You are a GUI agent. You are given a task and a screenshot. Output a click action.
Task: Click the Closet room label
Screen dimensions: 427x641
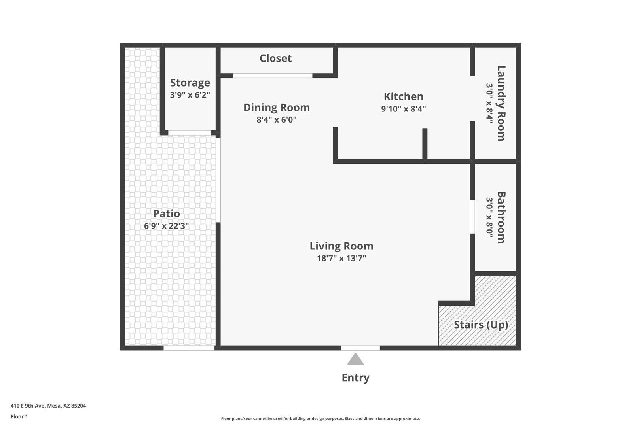tap(275, 58)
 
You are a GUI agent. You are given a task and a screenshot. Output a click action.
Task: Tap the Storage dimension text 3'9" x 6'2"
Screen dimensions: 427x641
tap(190, 95)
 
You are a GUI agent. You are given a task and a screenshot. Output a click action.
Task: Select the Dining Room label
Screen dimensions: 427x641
tap(276, 107)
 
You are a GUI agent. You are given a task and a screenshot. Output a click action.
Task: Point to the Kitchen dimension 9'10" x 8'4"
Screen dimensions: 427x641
tap(403, 109)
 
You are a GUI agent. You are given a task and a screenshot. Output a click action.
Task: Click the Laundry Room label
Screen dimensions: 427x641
tap(501, 103)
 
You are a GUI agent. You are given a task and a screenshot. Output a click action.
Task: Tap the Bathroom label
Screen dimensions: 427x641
tap(501, 217)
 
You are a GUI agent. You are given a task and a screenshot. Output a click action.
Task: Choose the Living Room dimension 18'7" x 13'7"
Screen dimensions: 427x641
tap(341, 259)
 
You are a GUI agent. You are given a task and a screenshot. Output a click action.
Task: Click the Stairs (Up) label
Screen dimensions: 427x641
tap(480, 325)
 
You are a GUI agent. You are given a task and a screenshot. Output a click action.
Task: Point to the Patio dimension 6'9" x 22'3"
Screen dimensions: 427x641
tap(166, 226)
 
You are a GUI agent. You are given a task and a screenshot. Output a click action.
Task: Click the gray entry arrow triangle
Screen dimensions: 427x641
tap(355, 359)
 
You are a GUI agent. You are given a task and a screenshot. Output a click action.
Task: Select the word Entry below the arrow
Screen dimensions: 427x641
tap(355, 378)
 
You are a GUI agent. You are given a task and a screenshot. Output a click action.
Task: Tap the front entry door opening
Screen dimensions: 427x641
tap(360, 348)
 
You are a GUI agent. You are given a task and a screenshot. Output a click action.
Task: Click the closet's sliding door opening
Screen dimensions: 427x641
tap(272, 76)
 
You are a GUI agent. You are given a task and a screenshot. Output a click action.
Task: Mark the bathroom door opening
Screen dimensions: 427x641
tap(472, 217)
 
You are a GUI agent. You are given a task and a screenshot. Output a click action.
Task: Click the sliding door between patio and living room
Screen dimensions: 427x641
tap(218, 180)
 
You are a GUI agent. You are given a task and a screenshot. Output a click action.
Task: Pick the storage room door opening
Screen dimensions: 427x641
tap(189, 133)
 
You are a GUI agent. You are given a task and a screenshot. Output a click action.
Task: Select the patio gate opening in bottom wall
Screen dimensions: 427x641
tap(189, 348)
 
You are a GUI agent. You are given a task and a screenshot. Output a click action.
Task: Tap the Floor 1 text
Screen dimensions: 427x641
tap(19, 416)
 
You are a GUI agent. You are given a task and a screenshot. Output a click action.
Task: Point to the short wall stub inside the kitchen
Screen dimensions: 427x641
tap(425, 144)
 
